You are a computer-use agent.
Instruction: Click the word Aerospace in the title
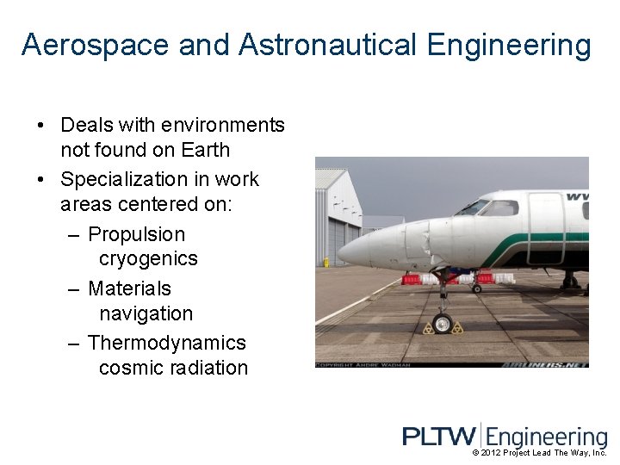click(96, 45)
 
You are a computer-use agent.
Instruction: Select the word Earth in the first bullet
click(205, 150)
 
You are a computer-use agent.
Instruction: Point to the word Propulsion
click(137, 234)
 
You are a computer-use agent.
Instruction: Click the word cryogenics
click(148, 258)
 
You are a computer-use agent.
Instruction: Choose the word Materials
click(130, 288)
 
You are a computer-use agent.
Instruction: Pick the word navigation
click(146, 313)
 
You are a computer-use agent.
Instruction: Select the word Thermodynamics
click(167, 343)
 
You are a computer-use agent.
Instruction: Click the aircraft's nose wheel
click(443, 324)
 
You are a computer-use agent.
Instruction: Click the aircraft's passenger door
click(545, 228)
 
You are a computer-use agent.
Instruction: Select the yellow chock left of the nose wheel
click(429, 328)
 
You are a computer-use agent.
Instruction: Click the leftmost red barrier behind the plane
click(412, 279)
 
